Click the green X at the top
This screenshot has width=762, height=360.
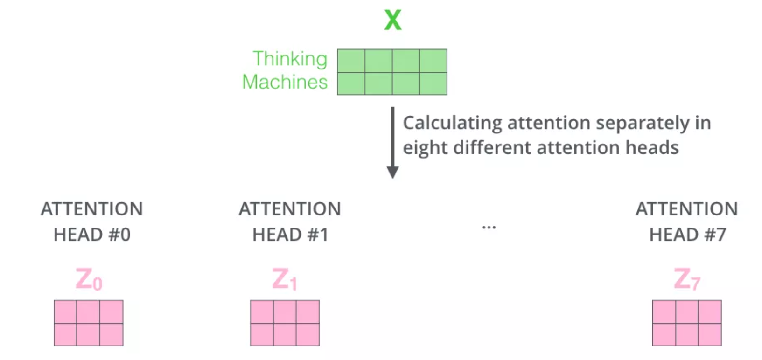[x=393, y=20]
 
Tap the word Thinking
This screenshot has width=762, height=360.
[x=290, y=59]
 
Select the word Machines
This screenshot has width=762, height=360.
[x=285, y=82]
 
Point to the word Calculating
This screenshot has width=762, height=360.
[x=452, y=123]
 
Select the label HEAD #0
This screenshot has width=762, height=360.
[x=92, y=235]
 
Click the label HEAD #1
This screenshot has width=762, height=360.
[x=290, y=235]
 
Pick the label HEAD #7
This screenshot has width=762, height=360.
[x=687, y=235]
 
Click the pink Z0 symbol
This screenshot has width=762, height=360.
[x=89, y=280]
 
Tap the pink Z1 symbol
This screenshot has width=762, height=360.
[x=285, y=280]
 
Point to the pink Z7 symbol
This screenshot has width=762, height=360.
[x=687, y=280]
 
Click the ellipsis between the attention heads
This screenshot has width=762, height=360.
[x=489, y=228]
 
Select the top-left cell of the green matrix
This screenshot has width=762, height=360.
[x=351, y=61]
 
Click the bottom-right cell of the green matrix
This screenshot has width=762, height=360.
[x=433, y=84]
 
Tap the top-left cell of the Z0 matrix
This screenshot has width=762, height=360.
[x=65, y=312]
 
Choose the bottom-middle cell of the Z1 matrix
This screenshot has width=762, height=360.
[x=285, y=334]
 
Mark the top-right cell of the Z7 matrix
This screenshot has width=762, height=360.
[x=710, y=312]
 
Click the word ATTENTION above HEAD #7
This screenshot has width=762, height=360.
[x=687, y=209]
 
